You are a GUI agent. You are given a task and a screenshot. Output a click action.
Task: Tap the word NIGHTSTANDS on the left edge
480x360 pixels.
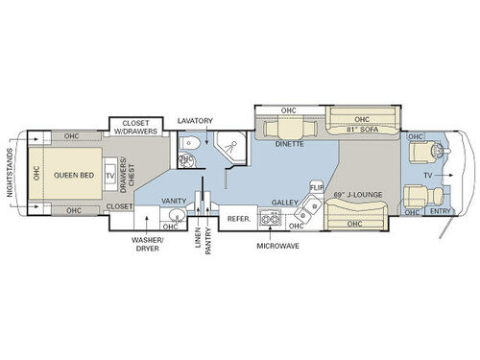11,173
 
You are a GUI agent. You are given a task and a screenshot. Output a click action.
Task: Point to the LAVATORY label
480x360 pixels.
196,121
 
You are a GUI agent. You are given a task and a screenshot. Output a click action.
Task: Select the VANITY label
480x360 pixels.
174,201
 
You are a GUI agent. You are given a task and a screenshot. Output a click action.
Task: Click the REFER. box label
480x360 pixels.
238,219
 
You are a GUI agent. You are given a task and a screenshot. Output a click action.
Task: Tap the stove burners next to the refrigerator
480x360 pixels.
270,219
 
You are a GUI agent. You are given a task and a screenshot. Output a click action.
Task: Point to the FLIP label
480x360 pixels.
316,186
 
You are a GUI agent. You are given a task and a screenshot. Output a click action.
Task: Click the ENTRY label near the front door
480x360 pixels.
441,210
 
